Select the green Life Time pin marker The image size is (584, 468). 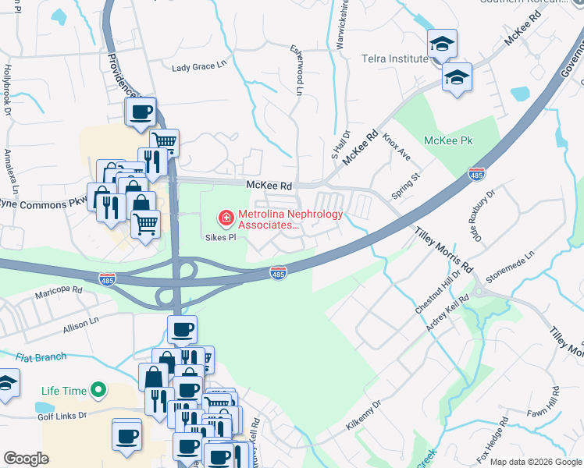98,388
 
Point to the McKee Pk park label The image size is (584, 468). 449,141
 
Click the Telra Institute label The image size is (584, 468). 390,58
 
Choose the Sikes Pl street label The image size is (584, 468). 220,238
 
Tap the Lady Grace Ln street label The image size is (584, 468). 198,67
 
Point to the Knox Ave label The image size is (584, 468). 397,146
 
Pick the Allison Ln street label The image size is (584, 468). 81,325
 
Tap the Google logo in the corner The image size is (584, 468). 26,459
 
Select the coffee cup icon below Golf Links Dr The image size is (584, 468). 126,436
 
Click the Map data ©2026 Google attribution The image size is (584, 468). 535,462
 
